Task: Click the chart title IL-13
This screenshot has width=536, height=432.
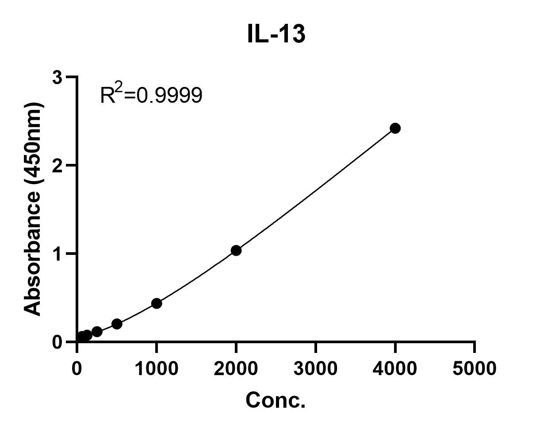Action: pos(276,34)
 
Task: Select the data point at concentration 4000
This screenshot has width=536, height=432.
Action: pos(395,128)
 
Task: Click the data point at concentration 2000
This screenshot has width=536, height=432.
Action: pos(236,250)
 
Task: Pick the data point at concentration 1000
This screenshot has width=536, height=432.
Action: pos(156,303)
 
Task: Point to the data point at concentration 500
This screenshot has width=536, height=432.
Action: pos(117,324)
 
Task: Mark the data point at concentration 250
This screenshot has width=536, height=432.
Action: pos(97,331)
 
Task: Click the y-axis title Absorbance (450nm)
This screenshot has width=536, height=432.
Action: pos(33,208)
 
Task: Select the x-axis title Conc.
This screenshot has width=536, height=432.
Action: pos(276,400)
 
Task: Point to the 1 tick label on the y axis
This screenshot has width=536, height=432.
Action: pos(58,254)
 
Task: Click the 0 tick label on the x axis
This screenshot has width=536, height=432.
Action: pos(77,368)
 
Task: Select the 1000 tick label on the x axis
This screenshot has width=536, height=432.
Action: pos(156,368)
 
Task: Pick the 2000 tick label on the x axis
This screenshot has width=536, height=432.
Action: pos(236,368)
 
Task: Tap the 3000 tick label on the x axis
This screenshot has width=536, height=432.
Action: pos(315,368)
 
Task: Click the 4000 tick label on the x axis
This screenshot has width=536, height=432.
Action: pos(395,368)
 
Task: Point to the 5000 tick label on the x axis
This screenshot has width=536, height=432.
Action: pos(474,368)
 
